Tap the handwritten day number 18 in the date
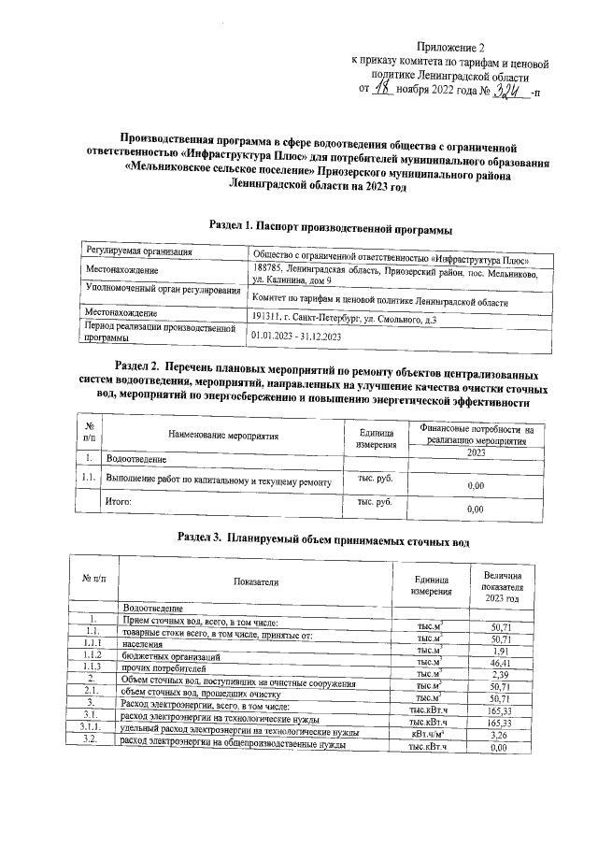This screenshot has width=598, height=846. (382, 91)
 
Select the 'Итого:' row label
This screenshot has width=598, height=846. (118, 502)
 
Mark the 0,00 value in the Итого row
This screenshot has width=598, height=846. (475, 509)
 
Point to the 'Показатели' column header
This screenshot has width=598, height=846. (256, 581)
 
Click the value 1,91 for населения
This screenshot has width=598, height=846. (499, 649)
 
